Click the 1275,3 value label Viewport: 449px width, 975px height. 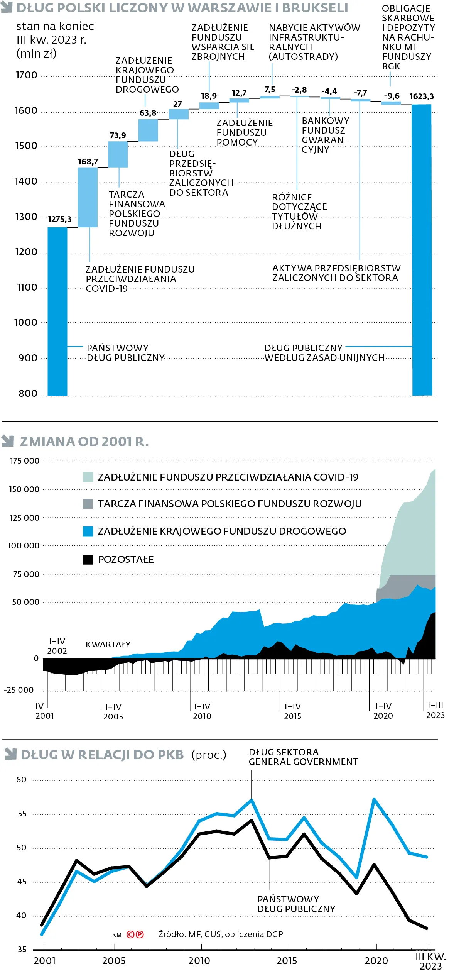pyautogui.click(x=60, y=219)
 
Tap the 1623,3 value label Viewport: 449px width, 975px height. pyautogui.click(x=422, y=96)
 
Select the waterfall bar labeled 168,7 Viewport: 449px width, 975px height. pyautogui.click(x=88, y=197)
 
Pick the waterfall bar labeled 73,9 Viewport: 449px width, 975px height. pyautogui.click(x=118, y=154)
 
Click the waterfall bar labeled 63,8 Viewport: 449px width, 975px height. pyautogui.click(x=148, y=130)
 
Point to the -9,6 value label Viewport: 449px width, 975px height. pyautogui.click(x=392, y=96)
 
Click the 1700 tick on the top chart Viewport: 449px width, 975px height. pyautogui.click(x=27, y=75)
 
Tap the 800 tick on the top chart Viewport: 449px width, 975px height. pyautogui.click(x=28, y=393)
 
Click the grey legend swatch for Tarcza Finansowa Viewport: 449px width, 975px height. pyautogui.click(x=88, y=504)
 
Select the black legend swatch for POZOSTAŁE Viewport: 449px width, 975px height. pyautogui.click(x=88, y=559)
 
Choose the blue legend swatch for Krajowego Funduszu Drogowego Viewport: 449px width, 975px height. pyautogui.click(x=88, y=532)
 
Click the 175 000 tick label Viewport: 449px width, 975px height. pyautogui.click(x=25, y=460)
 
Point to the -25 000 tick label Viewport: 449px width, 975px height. pyautogui.click(x=19, y=690)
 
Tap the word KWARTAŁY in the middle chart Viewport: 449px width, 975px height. pyautogui.click(x=108, y=644)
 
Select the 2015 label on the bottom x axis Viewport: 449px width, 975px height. pyautogui.click(x=287, y=961)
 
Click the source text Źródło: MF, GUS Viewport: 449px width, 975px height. pyautogui.click(x=220, y=934)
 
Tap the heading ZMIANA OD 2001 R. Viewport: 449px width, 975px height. pyautogui.click(x=84, y=442)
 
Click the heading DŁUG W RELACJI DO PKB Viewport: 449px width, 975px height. pyautogui.click(x=102, y=755)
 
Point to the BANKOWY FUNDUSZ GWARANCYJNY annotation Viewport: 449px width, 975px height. pyautogui.click(x=325, y=135)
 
